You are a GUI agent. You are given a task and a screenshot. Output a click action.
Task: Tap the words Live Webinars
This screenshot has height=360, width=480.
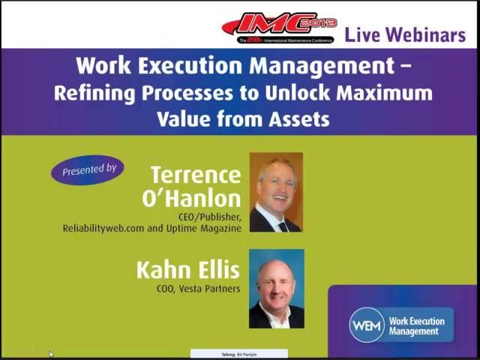pyautogui.click(x=405, y=34)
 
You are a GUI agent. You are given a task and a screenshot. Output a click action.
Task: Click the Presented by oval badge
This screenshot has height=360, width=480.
pyautogui.click(x=88, y=170)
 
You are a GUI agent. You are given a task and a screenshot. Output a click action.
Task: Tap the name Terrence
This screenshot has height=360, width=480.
pyautogui.click(x=196, y=175)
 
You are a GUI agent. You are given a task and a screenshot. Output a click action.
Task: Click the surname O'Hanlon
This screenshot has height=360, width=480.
pyautogui.click(x=191, y=198)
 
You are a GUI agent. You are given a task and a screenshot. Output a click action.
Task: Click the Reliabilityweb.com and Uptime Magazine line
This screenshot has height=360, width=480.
pyautogui.click(x=152, y=228)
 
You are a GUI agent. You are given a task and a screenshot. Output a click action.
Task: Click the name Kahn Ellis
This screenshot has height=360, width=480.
pyautogui.click(x=187, y=270)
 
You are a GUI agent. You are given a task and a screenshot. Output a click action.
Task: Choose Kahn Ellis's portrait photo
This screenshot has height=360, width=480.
pyautogui.click(x=276, y=289)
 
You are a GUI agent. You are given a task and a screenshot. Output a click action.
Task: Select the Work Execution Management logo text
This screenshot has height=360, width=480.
pyautogui.click(x=416, y=326)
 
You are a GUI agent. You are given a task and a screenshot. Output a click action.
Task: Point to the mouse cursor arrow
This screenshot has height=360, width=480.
pyautogui.click(x=51, y=354)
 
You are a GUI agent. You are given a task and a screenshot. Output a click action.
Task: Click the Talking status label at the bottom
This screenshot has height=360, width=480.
pyautogui.click(x=238, y=354)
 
